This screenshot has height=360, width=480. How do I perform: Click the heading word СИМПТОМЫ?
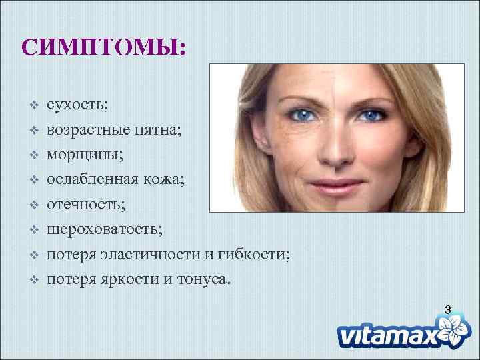coord(103,46)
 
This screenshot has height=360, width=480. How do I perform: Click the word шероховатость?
coord(103,229)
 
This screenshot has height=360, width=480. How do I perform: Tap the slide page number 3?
coord(447,309)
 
